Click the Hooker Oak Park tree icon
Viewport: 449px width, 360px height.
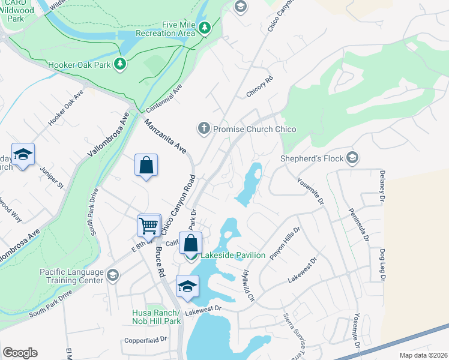point(120,64)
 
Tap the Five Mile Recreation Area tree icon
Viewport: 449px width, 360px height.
point(205,28)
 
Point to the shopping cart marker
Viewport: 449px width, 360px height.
point(149,226)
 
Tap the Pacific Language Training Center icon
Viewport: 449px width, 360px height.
point(112,276)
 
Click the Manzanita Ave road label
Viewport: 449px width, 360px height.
point(164,134)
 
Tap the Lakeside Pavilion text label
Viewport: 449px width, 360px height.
point(232,255)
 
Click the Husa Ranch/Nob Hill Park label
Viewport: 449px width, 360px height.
point(156,317)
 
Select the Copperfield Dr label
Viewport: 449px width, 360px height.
point(145,340)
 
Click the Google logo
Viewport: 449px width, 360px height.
point(20,353)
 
